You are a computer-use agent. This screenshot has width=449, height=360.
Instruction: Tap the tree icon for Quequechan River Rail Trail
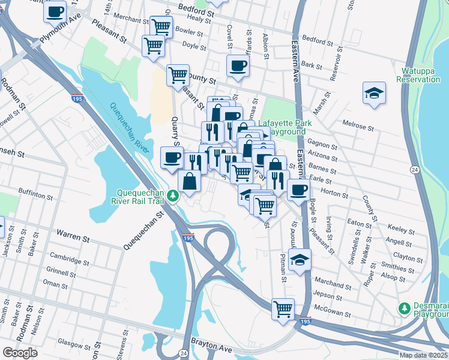pyautogui.click(x=173, y=196)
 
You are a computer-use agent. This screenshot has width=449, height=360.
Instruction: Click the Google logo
pyautogui.click(x=20, y=353)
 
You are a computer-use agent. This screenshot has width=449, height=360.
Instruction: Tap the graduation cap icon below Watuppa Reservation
pyautogui.click(x=374, y=93)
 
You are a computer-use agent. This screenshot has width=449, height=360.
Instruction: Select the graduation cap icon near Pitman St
pyautogui.click(x=300, y=260)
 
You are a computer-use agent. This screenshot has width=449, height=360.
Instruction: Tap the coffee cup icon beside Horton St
pyautogui.click(x=298, y=190)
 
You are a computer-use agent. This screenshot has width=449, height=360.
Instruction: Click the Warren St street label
pyautogui.click(x=73, y=235)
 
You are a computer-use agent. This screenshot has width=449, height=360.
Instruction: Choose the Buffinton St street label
pyautogui.click(x=36, y=195)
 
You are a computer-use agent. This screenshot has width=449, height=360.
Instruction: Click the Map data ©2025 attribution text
pyautogui.click(x=423, y=355)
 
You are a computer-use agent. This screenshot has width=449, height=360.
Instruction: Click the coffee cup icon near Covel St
pyautogui.click(x=237, y=65)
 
